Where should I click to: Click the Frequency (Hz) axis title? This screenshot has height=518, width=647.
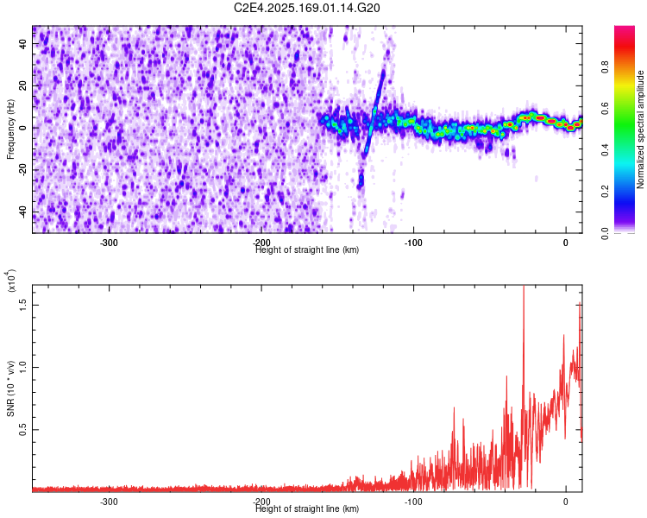tap(10, 130)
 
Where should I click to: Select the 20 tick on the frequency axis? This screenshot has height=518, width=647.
tap(23, 86)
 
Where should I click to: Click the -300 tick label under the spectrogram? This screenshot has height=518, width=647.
tap(109, 243)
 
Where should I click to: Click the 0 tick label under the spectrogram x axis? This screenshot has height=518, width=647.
tap(565, 243)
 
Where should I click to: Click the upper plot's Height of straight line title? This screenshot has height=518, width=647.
tap(308, 250)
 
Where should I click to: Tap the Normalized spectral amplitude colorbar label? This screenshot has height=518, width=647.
tap(641, 130)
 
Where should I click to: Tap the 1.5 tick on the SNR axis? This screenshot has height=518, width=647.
tap(23, 305)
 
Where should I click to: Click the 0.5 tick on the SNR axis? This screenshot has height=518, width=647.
tap(23, 429)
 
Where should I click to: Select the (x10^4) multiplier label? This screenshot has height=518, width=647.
tap(10, 281)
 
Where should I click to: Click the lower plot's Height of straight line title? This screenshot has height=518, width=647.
tap(308, 509)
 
